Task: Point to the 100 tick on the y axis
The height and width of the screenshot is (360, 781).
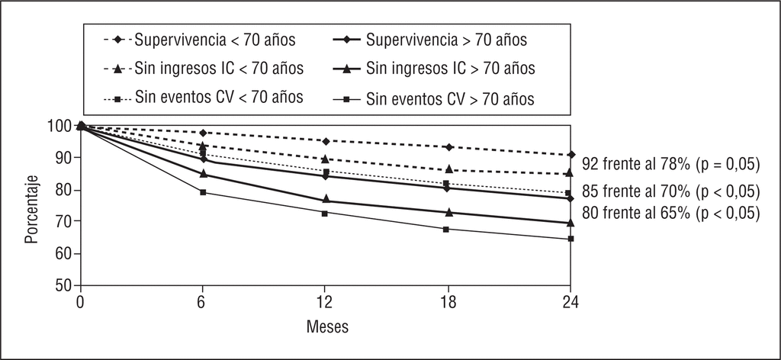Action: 62,126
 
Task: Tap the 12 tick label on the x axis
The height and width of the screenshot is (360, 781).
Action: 325,303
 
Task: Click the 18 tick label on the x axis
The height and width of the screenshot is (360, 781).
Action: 448,303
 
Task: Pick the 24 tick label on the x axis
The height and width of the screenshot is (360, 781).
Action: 570,303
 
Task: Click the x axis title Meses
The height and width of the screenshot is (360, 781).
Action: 327,328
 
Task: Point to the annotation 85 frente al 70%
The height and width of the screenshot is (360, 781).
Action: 670,191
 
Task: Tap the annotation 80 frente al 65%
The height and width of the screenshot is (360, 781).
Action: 670,213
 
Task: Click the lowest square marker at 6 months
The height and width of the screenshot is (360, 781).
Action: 203,192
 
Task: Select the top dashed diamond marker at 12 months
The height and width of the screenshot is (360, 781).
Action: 326,141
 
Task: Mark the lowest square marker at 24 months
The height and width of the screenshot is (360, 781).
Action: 570,239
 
